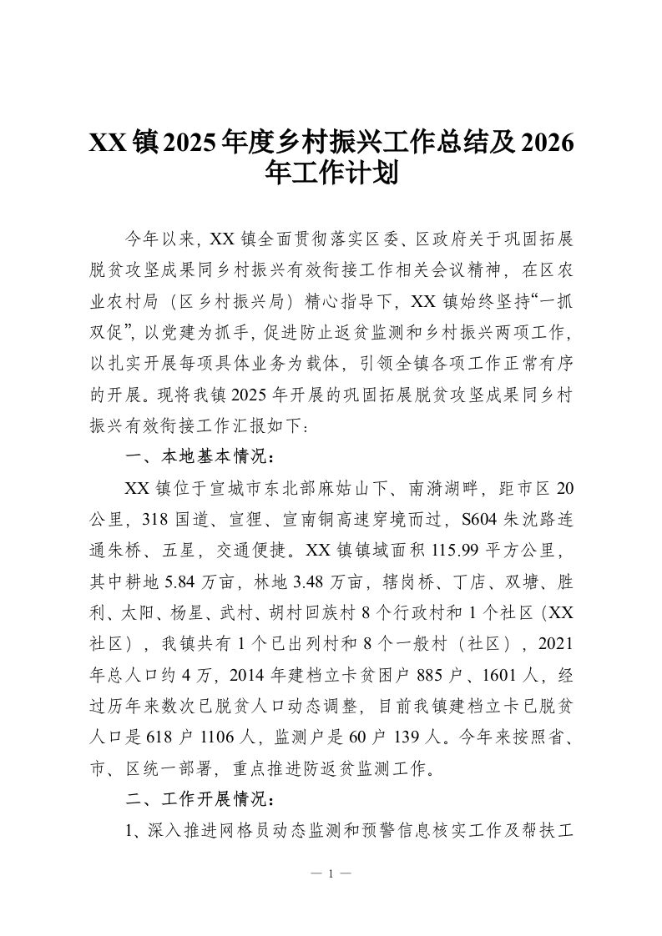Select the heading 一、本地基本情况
click(x=199, y=456)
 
